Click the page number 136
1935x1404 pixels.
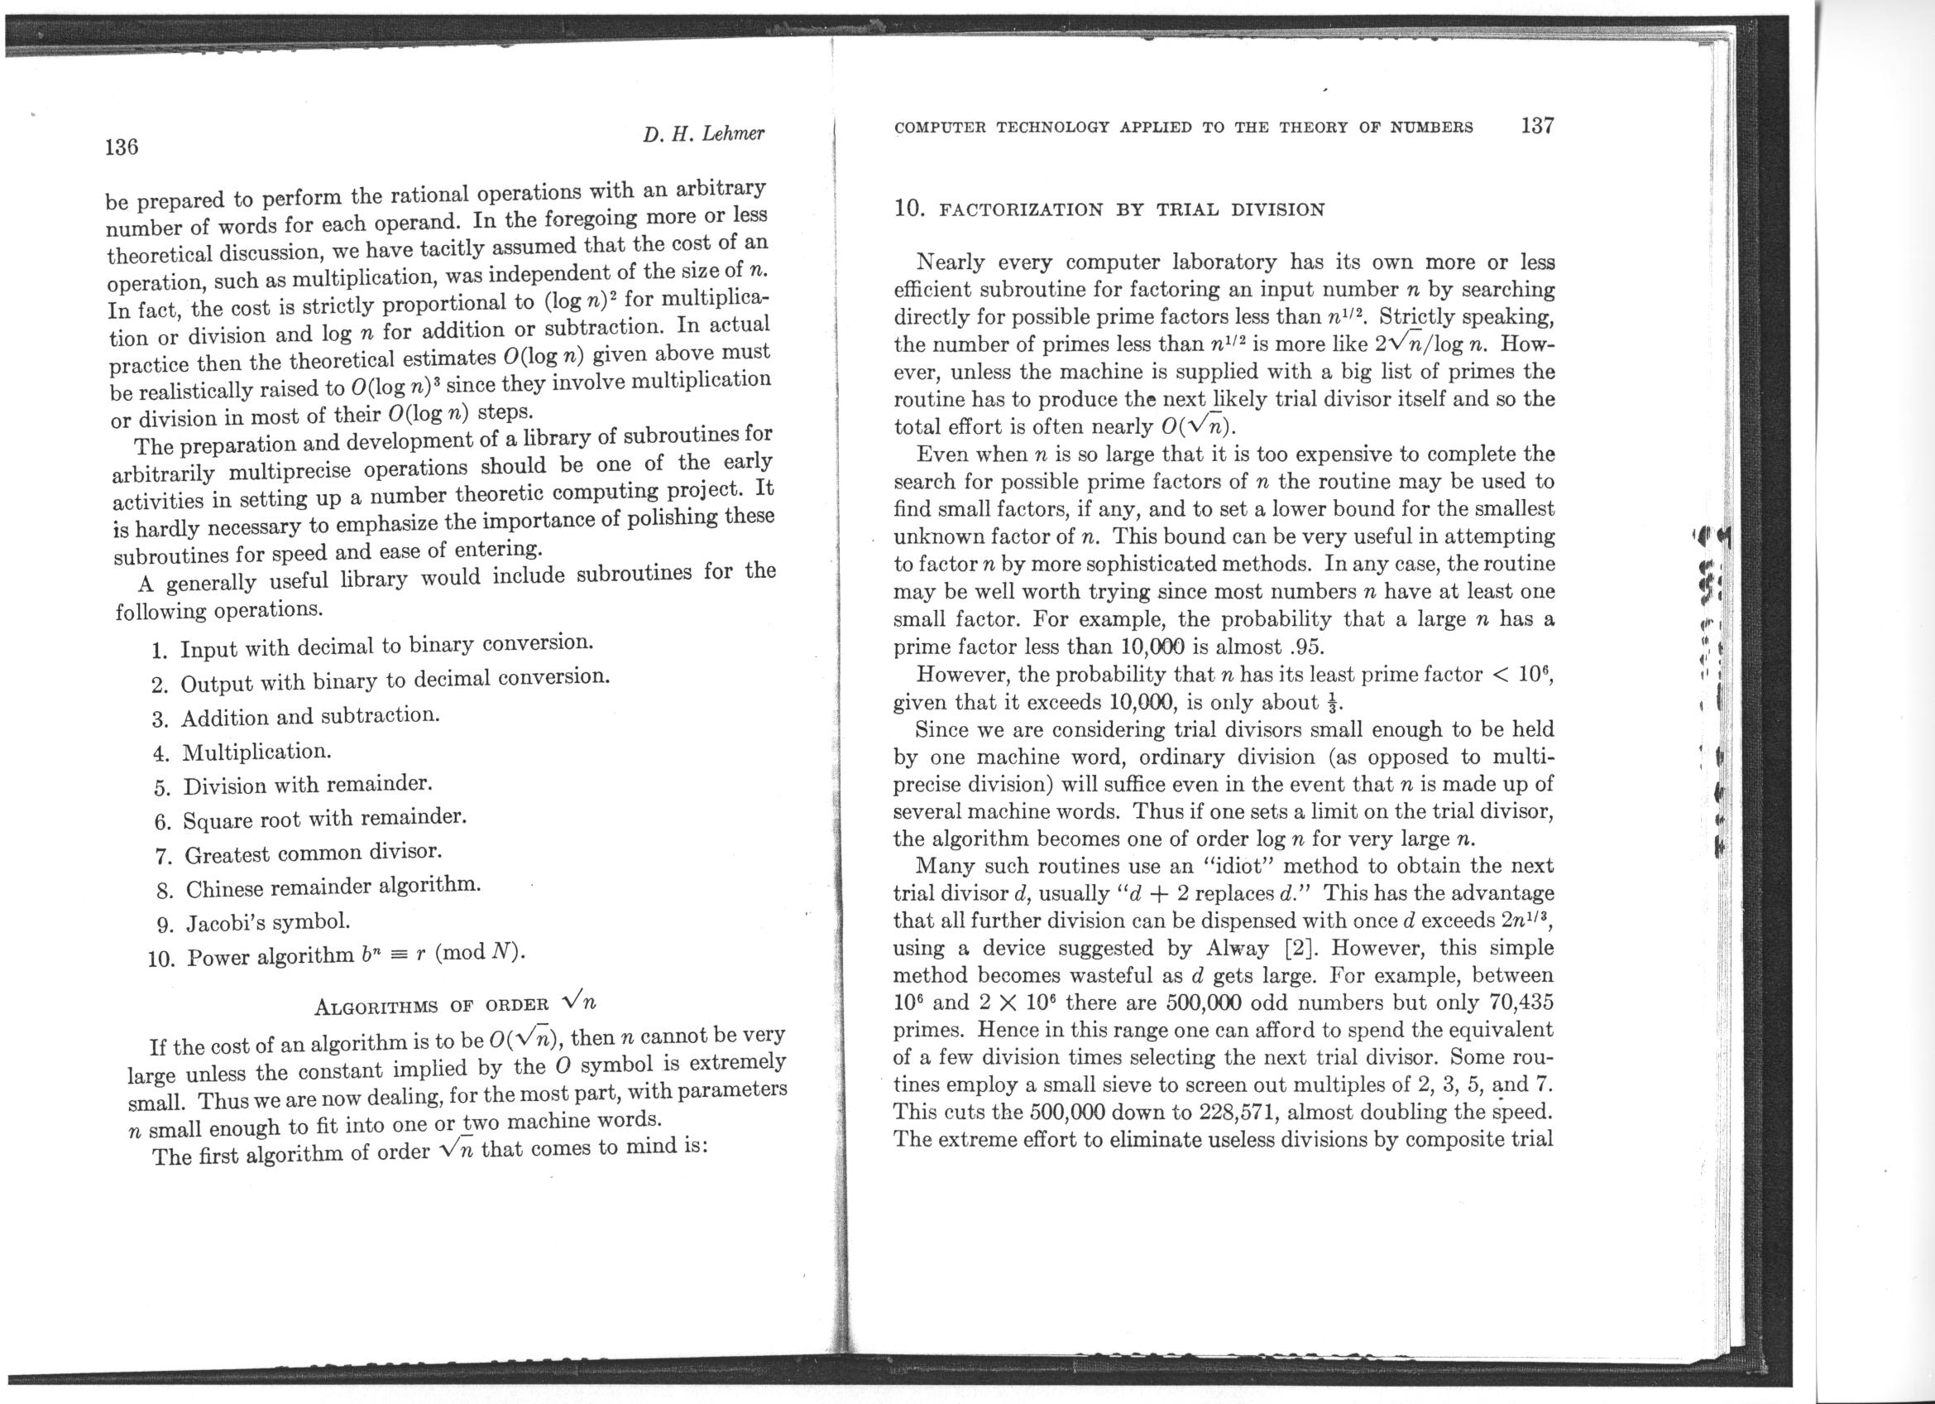click(121, 147)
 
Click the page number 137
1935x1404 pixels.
click(1537, 127)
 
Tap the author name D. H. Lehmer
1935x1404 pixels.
click(704, 134)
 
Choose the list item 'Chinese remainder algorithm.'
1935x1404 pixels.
click(333, 887)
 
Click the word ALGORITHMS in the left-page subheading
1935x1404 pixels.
click(376, 1007)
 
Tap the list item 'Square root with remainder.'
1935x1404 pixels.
click(325, 820)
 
